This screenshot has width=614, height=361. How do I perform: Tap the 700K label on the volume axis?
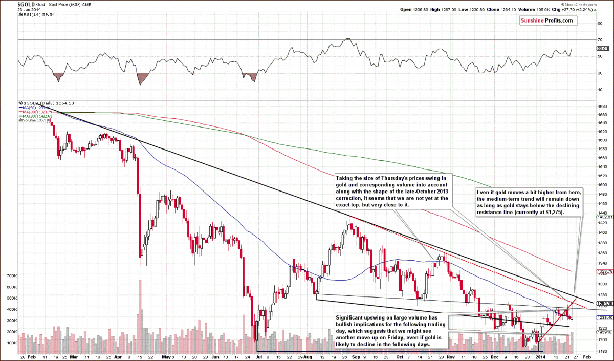(x=10, y=275)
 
